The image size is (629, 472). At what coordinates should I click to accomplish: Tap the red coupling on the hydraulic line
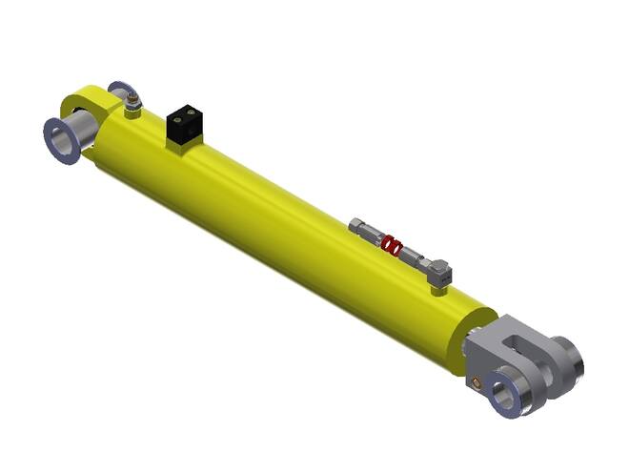click(389, 245)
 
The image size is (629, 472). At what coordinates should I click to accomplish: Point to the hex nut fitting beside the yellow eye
click(132, 98)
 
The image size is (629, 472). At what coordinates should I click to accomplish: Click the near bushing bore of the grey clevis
click(505, 392)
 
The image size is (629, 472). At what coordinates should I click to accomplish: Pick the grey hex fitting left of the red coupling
click(364, 232)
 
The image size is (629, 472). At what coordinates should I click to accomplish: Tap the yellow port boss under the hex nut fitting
click(132, 113)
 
